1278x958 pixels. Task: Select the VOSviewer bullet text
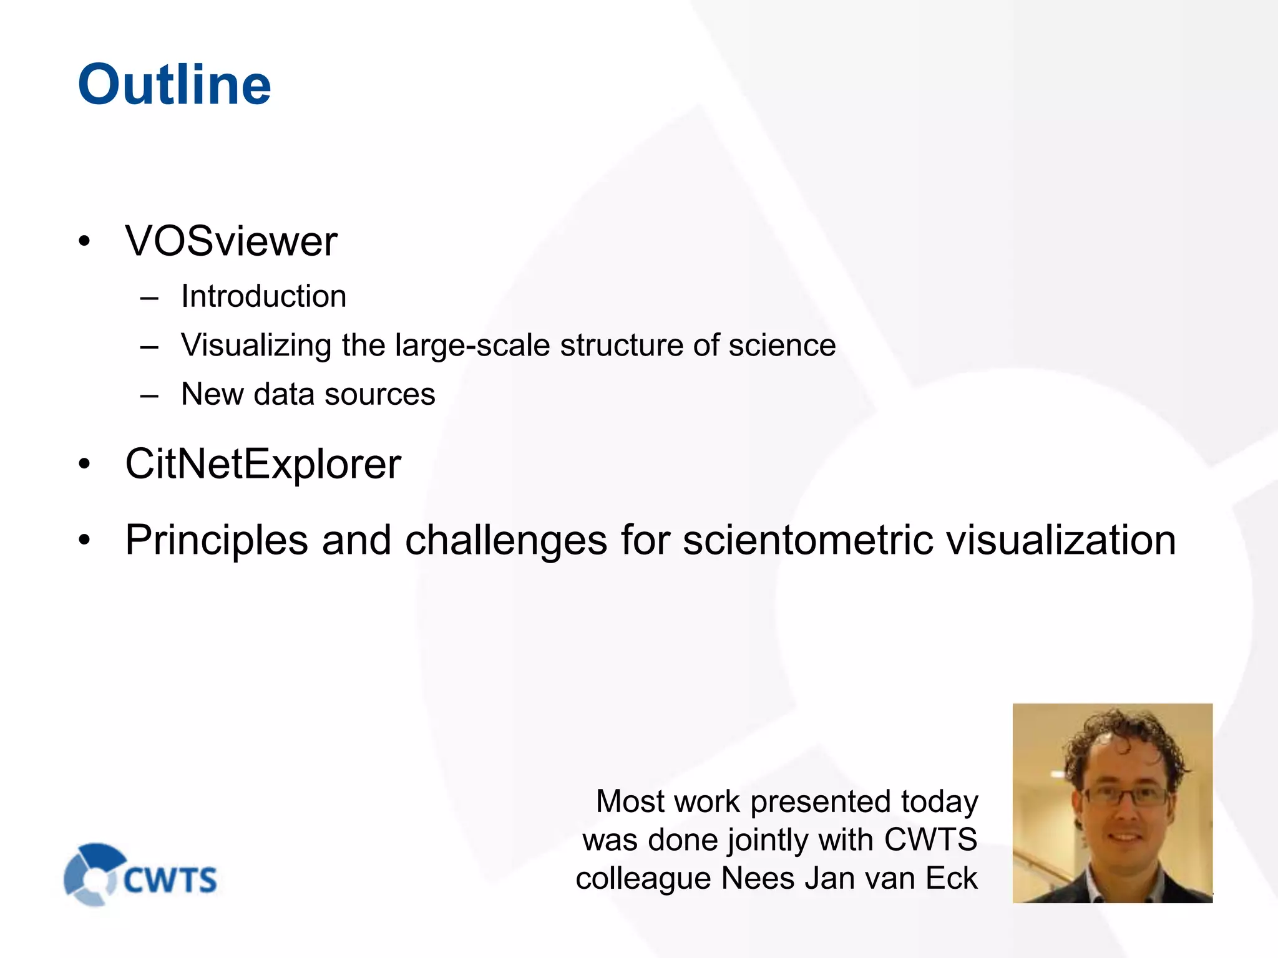coord(231,241)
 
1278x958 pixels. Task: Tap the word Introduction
coord(263,296)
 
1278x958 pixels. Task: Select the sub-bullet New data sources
coord(308,394)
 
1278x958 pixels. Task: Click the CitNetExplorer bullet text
coord(263,464)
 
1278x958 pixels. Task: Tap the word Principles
coord(217,540)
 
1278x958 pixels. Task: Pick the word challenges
coord(506,540)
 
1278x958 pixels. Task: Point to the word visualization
coord(1061,540)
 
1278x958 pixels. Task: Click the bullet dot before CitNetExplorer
coord(84,465)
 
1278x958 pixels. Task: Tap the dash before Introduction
coord(149,298)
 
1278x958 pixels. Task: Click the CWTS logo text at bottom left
coord(170,880)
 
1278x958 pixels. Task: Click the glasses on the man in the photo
coord(1126,795)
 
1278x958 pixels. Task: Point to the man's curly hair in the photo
coord(1117,736)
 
